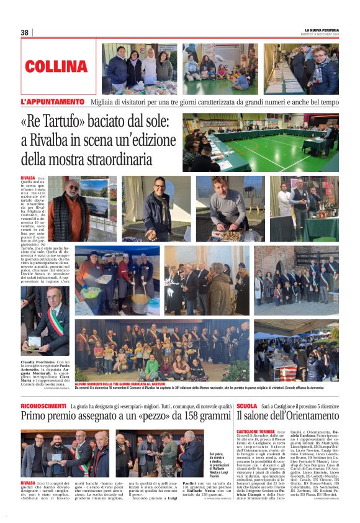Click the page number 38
[x=25, y=32]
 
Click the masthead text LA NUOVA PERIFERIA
[x=322, y=30]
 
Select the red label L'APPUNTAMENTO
[x=52, y=101]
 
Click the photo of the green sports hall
[x=260, y=143]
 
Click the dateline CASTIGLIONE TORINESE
[x=256, y=431]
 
